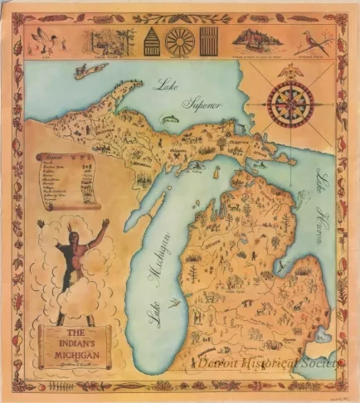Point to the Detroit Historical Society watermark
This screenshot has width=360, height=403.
265,363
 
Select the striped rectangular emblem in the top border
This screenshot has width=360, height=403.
208,40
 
